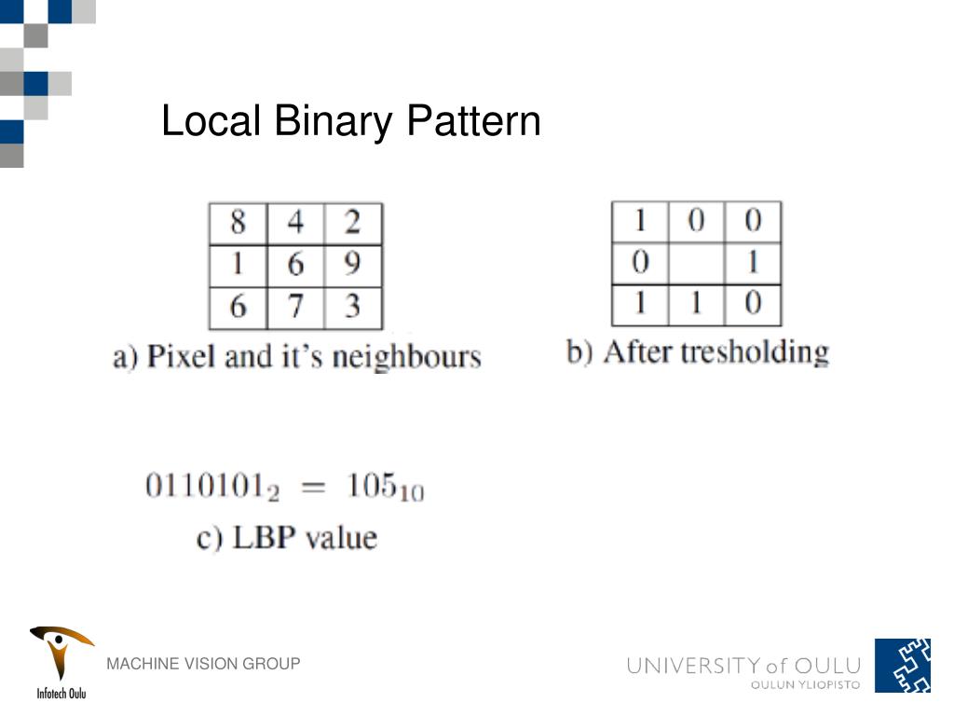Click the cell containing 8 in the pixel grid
tap(238, 224)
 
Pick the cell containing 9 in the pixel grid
tap(352, 266)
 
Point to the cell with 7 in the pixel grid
tap(295, 307)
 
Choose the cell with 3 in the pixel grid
tap(352, 307)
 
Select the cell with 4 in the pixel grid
tap(295, 224)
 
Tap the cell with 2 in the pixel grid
tap(352, 224)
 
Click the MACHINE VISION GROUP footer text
tap(203, 664)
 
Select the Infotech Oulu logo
tap(61, 661)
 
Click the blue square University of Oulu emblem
tap(902, 666)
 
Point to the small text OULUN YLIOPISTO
tap(806, 685)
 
